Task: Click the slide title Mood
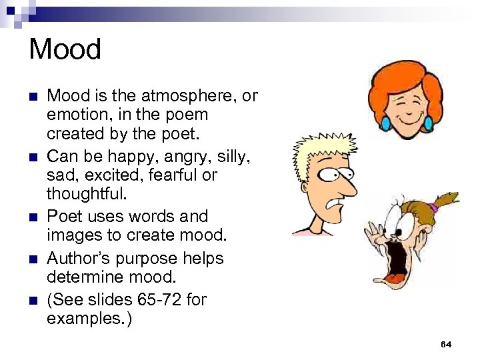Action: coord(65,49)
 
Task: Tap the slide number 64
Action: coord(446,344)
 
